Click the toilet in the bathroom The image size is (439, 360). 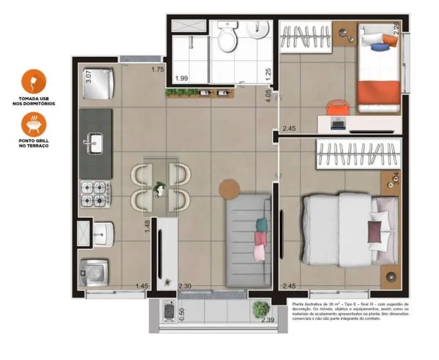(226, 37)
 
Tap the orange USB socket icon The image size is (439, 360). (34, 81)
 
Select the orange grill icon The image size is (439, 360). (34, 124)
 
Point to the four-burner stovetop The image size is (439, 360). (95, 193)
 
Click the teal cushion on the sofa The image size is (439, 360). (261, 224)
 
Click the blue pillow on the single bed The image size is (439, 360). (378, 47)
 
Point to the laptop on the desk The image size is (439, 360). (337, 124)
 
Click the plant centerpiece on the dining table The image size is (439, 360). (160, 189)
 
